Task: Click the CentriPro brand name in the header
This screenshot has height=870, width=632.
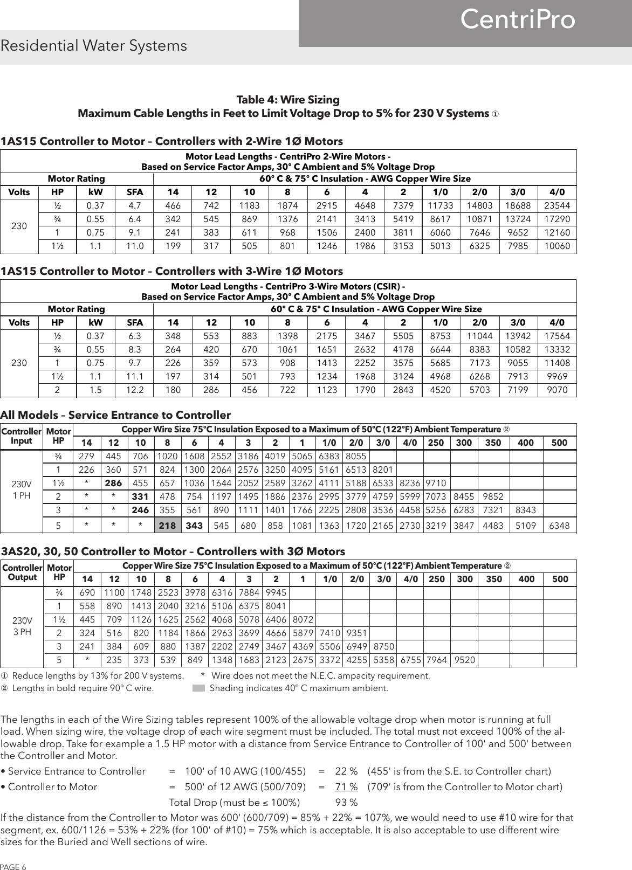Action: coord(518,20)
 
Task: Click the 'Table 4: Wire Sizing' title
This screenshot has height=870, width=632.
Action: coord(288,100)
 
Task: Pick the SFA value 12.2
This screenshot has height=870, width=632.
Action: coord(134,390)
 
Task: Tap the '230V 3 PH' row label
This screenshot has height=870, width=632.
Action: coord(22,626)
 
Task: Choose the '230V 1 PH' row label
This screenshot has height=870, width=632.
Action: coord(22,489)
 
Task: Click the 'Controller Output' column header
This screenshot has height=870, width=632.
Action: coord(22,572)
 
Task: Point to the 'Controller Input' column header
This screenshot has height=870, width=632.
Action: coord(22,436)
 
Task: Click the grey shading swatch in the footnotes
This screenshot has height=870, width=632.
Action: coord(199,688)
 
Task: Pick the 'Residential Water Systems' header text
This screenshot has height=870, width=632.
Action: coord(94,46)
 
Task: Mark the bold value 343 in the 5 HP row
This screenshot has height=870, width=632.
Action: coord(195,524)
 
